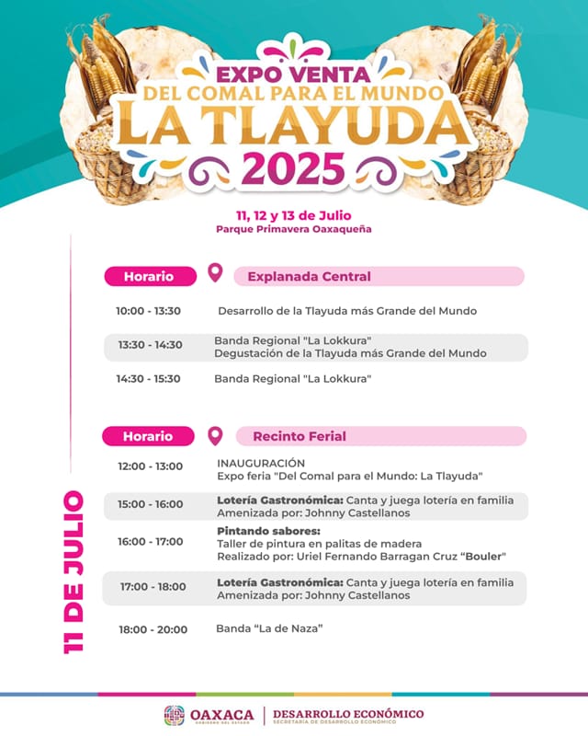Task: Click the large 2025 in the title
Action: tap(294, 167)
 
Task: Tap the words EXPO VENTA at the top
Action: tap(293, 74)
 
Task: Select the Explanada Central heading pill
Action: tap(379, 276)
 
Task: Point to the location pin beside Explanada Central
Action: tap(215, 273)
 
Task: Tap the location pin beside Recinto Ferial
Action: tap(215, 434)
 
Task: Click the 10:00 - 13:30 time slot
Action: tap(148, 311)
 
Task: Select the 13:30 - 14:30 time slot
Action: tap(150, 345)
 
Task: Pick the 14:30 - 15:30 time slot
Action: tap(148, 378)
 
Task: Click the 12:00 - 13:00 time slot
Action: tap(150, 466)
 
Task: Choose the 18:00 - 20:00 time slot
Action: tap(153, 629)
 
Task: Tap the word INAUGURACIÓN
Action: tap(261, 463)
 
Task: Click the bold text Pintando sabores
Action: tap(268, 531)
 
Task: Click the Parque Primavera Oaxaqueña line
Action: tap(294, 229)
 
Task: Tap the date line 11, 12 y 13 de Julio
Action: tap(294, 215)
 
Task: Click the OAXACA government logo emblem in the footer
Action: tap(174, 715)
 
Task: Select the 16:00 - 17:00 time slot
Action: tap(150, 542)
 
